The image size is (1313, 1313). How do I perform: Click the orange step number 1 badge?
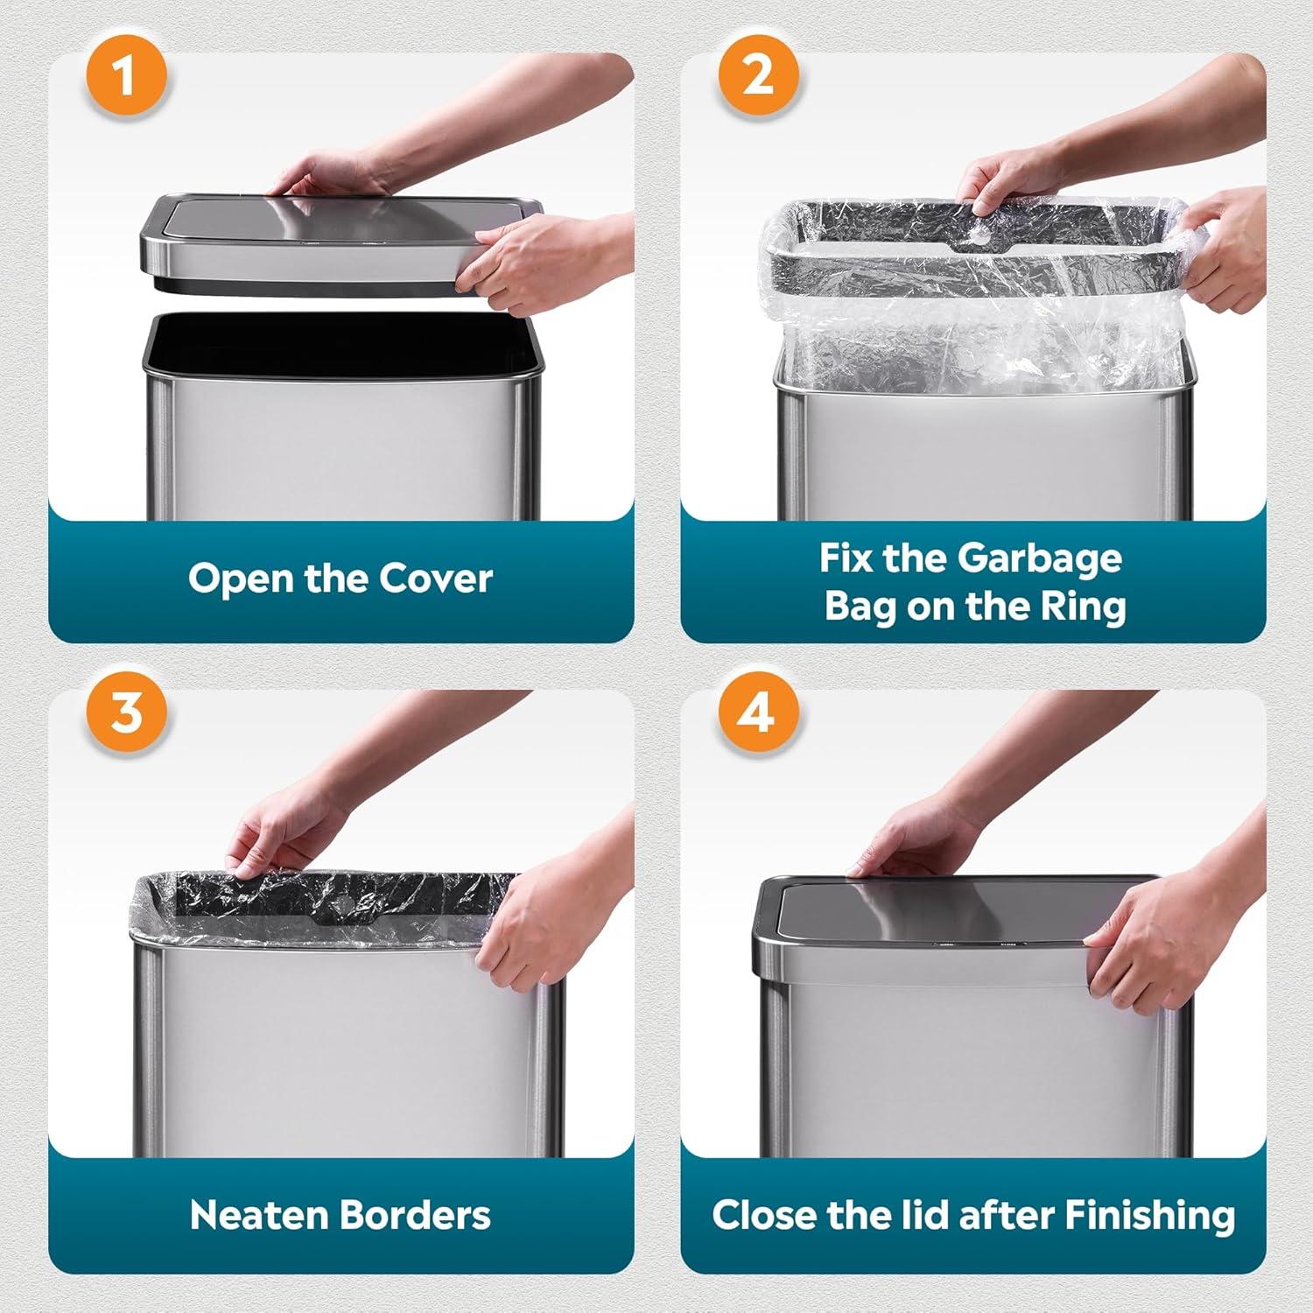tap(125, 74)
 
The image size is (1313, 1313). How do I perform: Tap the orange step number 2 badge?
tap(758, 74)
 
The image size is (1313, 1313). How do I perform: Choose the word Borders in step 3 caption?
tap(415, 1215)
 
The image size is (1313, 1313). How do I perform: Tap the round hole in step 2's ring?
tap(983, 236)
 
